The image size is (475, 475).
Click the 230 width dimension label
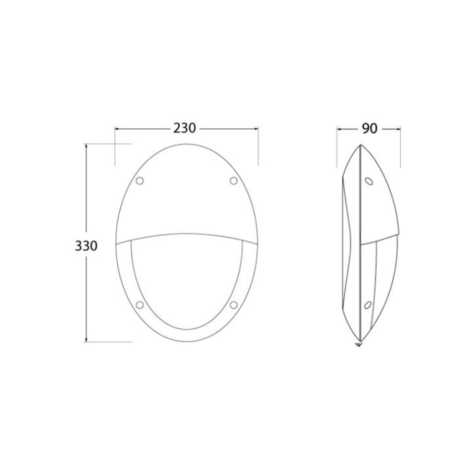coord(185,128)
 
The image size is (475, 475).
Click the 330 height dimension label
coord(86,246)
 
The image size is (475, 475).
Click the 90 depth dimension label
coord(370,129)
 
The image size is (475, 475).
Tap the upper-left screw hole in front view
coord(140,181)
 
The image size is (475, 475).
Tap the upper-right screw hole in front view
coord(234,181)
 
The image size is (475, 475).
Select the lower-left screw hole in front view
coord(140,304)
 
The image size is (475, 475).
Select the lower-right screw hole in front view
coord(234,304)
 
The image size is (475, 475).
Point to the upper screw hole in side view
coord(369,181)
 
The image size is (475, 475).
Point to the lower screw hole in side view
coord(368,305)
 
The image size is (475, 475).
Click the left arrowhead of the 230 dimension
coord(117,129)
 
